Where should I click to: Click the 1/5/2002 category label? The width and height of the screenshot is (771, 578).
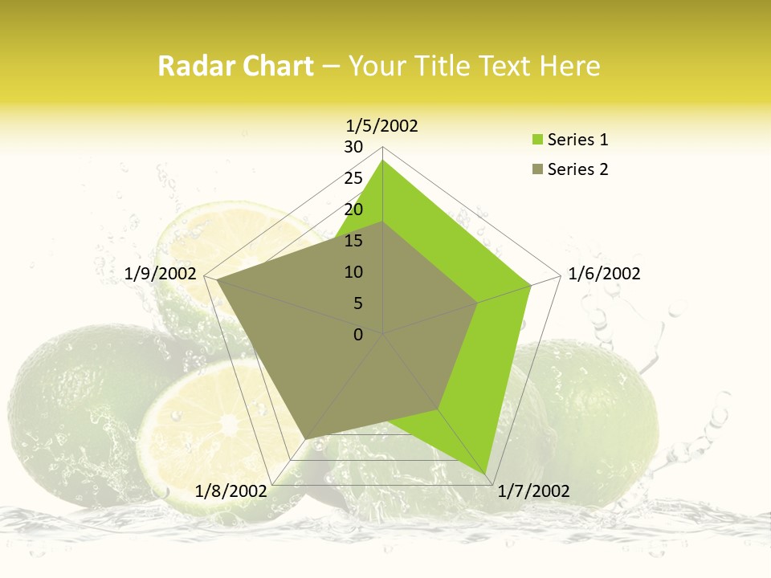point(382,125)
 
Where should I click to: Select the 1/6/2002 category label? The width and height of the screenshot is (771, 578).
point(604,274)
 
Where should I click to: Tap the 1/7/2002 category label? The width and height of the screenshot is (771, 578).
point(533,491)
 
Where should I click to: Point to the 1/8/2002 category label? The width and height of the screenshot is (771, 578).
point(230,491)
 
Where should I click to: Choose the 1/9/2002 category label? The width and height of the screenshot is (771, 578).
point(161,274)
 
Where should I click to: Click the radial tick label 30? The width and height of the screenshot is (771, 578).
point(353,147)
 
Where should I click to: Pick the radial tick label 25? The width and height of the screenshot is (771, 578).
point(353,178)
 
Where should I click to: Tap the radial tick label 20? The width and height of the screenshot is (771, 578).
point(353,210)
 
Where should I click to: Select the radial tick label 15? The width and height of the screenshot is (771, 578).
point(353,241)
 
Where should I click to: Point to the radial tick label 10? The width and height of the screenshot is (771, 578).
point(353,272)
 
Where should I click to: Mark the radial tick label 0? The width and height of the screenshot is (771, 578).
point(358,335)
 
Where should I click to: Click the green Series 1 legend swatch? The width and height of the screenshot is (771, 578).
point(536,140)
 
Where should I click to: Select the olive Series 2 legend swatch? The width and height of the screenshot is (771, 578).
point(536,169)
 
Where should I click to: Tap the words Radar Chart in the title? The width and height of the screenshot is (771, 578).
point(235,66)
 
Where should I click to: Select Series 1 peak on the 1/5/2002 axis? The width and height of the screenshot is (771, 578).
point(382,161)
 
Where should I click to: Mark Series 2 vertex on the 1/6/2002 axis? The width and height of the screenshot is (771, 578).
point(478,303)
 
